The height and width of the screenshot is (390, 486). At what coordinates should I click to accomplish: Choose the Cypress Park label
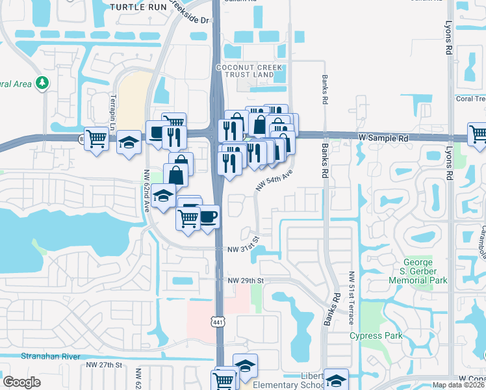tap(376, 335)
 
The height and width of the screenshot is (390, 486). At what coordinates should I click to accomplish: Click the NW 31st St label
tap(243, 249)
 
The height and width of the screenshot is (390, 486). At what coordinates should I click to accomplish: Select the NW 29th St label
tap(246, 280)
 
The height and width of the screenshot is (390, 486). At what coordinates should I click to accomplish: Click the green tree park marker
tap(42, 83)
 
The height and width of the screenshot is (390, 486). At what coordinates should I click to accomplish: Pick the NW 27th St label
tap(104, 365)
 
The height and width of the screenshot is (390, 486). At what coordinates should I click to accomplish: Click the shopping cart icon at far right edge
tap(478, 133)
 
